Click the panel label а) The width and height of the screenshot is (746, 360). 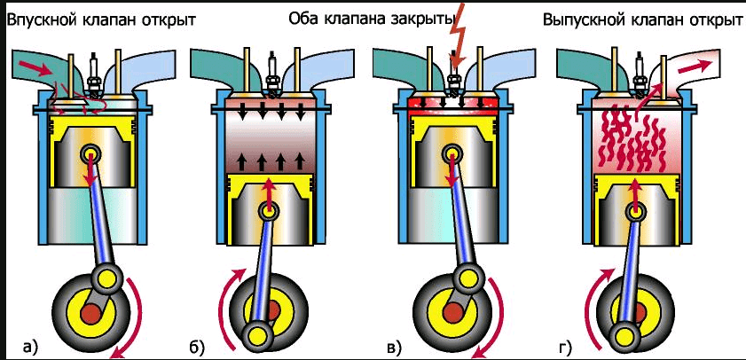click(x=29, y=345)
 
